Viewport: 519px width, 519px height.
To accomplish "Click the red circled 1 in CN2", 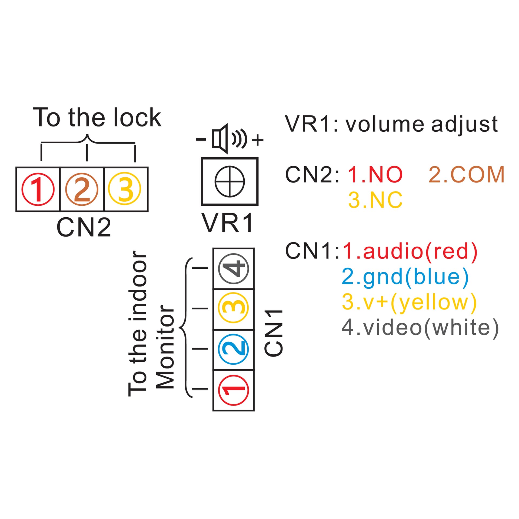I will tap(38, 189).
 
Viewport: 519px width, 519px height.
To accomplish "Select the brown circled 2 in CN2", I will tap(82, 189).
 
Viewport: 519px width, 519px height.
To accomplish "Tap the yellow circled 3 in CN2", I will tap(125, 189).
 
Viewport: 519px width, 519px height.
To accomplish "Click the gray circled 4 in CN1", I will tap(234, 268).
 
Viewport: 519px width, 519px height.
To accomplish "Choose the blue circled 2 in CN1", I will tap(233, 349).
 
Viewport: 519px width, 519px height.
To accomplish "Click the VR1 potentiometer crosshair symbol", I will tap(229, 181).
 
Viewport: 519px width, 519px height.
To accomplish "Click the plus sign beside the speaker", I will tap(258, 140).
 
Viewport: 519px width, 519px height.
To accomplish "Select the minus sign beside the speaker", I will tap(201, 139).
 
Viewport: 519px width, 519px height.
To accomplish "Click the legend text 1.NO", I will tap(375, 175).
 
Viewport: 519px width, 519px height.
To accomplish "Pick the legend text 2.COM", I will tap(467, 175).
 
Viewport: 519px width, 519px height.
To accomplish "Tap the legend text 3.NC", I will tap(375, 200).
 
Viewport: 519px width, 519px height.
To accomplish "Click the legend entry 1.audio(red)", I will tap(410, 251).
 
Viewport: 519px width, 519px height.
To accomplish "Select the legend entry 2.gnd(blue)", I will tap(405, 277).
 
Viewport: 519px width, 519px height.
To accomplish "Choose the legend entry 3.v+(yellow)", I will tap(409, 302).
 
